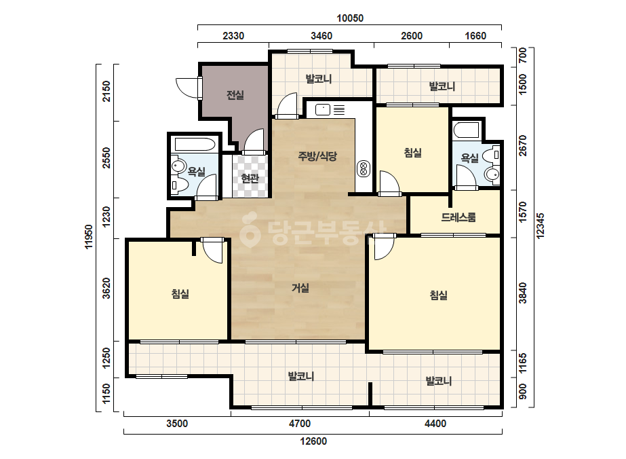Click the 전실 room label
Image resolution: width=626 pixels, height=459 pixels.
click(235, 95)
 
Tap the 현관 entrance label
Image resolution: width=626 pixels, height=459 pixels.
click(250, 179)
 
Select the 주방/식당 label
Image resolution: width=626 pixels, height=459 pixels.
click(317, 156)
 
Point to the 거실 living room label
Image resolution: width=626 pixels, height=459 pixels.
click(300, 288)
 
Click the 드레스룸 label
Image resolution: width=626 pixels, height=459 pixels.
click(458, 217)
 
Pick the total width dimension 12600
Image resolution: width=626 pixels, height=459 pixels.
click(313, 441)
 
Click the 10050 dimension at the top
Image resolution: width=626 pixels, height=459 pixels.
click(350, 18)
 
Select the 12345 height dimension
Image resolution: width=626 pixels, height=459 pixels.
click(540, 226)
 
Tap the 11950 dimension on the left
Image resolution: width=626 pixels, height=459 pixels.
click(89, 237)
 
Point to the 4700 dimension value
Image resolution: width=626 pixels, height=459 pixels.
click(299, 424)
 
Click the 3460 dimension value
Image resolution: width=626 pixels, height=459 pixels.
click(321, 36)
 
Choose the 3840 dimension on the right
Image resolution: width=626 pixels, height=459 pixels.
click(523, 293)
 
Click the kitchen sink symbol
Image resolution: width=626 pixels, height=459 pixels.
click(323, 109)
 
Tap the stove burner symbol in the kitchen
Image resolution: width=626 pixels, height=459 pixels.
click(364, 168)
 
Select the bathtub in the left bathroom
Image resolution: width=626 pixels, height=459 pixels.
click(195, 145)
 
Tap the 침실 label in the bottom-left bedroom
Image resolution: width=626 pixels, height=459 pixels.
click(180, 294)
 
